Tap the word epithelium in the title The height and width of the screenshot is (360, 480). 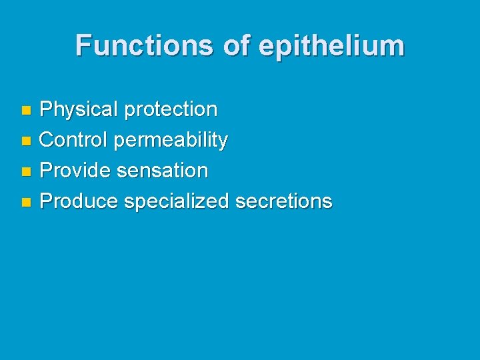click(x=331, y=46)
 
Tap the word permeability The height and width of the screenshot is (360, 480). click(x=171, y=141)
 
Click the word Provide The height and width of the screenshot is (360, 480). click(x=75, y=171)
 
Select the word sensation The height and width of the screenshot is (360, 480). click(x=162, y=171)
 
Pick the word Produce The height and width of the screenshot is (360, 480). click(x=79, y=201)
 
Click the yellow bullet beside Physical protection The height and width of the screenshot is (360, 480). click(x=25, y=109)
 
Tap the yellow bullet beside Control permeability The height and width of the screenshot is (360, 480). click(x=25, y=141)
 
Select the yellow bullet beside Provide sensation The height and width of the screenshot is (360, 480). click(x=25, y=171)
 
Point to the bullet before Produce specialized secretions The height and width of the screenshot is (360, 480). click(x=25, y=202)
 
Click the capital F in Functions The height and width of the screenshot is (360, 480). click(x=83, y=45)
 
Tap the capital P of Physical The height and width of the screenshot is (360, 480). click(x=46, y=109)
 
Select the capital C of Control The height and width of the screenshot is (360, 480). click(x=47, y=140)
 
